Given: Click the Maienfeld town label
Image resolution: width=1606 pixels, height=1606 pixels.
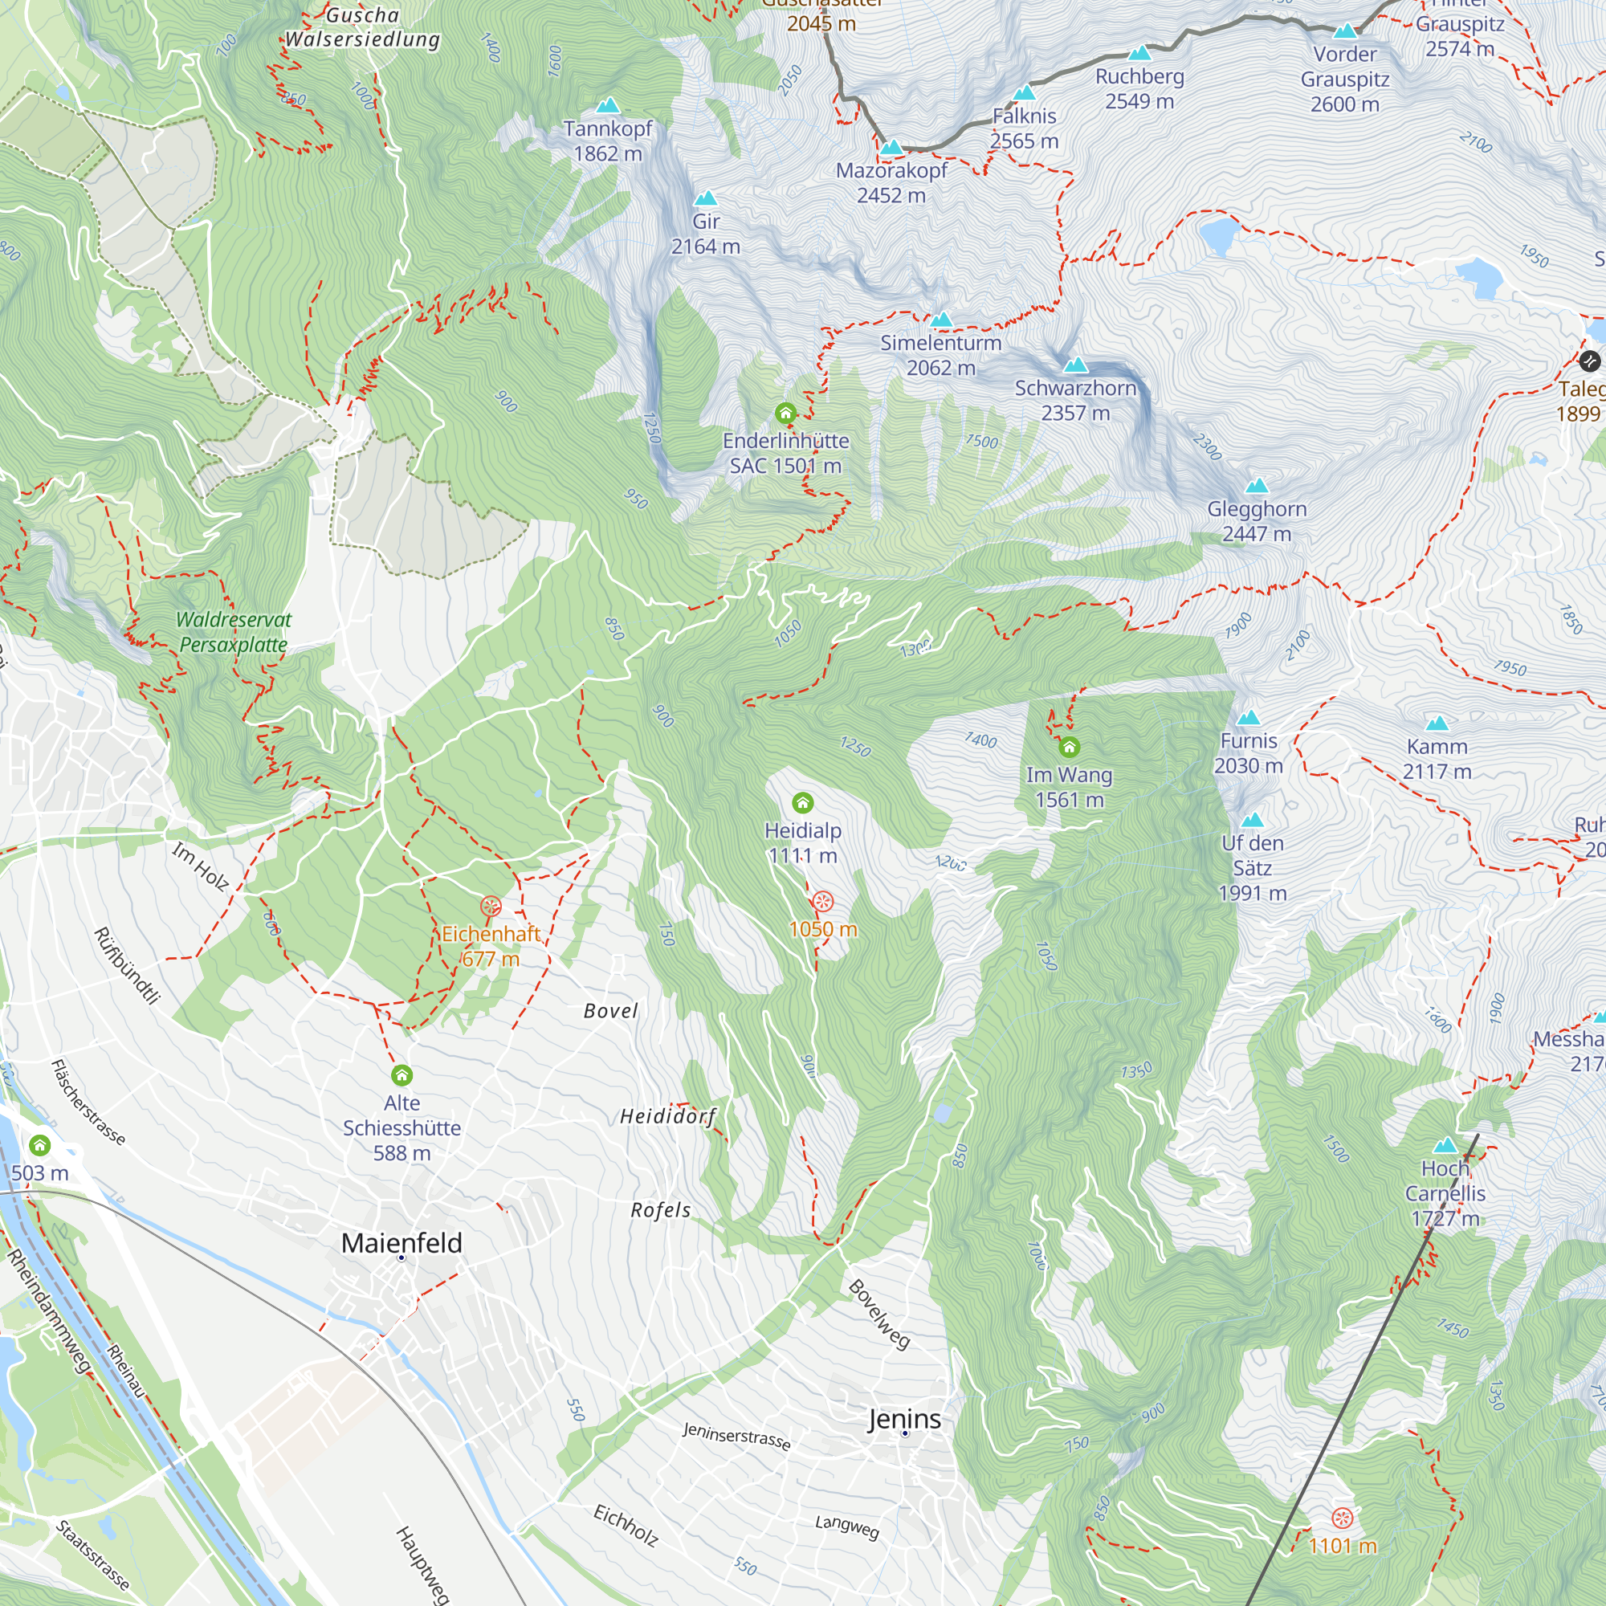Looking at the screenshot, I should pyautogui.click(x=401, y=1244).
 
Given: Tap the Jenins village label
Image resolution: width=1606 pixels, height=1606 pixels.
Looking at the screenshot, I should pyautogui.click(x=904, y=1419).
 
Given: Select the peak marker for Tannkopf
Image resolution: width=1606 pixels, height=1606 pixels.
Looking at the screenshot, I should pyautogui.click(x=609, y=105).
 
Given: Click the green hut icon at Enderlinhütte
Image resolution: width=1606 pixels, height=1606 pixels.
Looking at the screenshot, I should pyautogui.click(x=785, y=413).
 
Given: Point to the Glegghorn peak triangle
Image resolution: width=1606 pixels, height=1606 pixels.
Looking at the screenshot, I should pyautogui.click(x=1257, y=486).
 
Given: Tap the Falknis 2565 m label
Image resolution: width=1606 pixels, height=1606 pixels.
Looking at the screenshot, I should pyautogui.click(x=1024, y=128).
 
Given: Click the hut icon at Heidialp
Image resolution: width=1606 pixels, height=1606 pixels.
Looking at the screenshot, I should pyautogui.click(x=802, y=803).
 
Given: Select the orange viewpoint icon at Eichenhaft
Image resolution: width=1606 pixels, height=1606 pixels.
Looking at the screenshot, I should pyautogui.click(x=491, y=906).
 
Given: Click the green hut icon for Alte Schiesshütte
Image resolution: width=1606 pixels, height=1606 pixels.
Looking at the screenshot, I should pyautogui.click(x=402, y=1076).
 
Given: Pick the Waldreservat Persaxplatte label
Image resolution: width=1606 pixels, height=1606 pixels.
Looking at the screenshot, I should pyautogui.click(x=234, y=632).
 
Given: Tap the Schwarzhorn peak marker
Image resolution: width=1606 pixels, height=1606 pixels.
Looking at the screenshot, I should pyautogui.click(x=1076, y=365).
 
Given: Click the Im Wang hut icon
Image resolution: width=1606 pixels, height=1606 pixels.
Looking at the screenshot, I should pyautogui.click(x=1069, y=748).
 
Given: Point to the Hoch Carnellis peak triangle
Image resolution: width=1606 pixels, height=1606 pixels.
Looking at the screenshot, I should pyautogui.click(x=1445, y=1146).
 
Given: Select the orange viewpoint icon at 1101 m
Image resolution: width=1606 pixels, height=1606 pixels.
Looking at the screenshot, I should pyautogui.click(x=1343, y=1518).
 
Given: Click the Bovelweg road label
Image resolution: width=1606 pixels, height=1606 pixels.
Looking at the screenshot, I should pyautogui.click(x=879, y=1314).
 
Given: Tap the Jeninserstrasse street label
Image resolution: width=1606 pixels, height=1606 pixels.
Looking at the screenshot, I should pyautogui.click(x=736, y=1436).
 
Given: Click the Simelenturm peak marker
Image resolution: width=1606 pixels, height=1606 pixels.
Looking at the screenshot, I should pyautogui.click(x=941, y=320).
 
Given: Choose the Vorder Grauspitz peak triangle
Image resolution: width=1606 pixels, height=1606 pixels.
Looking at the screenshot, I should pyautogui.click(x=1345, y=31).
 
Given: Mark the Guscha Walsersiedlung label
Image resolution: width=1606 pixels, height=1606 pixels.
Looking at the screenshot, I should pyautogui.click(x=362, y=27).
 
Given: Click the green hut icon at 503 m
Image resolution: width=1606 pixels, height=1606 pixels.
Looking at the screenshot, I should pyautogui.click(x=40, y=1146).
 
